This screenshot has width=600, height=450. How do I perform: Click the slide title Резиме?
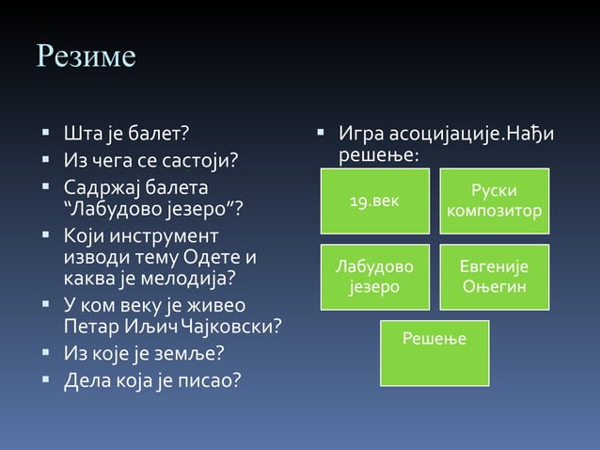click(x=86, y=56)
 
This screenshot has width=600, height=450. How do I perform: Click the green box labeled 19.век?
click(x=374, y=201)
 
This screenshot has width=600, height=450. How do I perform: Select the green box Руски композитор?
click(x=495, y=201)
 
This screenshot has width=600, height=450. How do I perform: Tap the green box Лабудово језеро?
click(x=374, y=277)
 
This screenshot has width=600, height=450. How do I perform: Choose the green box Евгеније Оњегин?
click(x=495, y=277)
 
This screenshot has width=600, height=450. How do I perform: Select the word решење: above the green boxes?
click(x=378, y=154)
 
